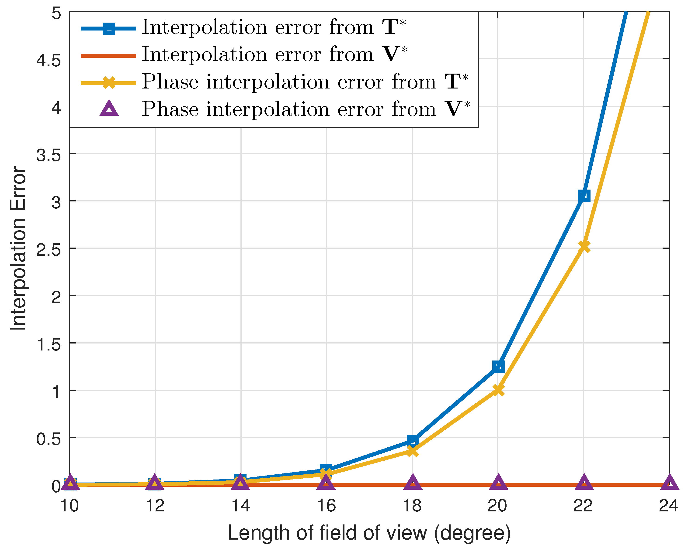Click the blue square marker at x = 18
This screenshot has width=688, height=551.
click(413, 441)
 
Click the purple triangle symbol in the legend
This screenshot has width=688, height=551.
click(109, 109)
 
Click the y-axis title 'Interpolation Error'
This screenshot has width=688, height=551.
click(18, 248)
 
